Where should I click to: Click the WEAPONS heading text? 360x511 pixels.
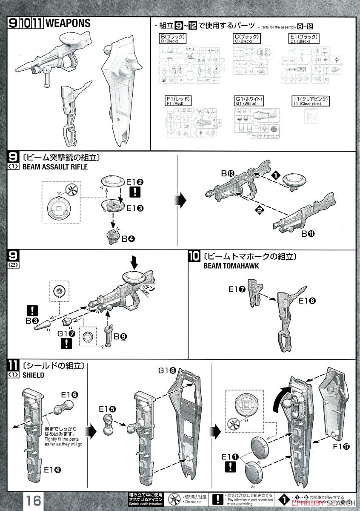(x=68, y=23)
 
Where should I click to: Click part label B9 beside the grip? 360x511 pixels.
(x=120, y=336)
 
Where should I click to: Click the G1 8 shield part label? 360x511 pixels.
(x=166, y=370)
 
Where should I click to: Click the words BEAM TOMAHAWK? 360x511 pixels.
(x=226, y=266)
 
